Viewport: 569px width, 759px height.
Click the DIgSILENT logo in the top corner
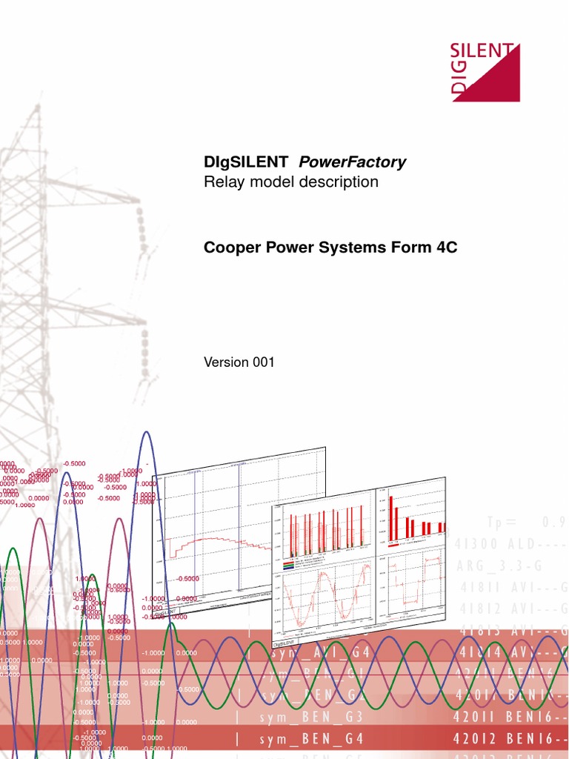click(485, 72)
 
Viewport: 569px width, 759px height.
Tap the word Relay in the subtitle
click(222, 182)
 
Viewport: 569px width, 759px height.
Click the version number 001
click(262, 362)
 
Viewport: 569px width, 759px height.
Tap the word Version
click(226, 362)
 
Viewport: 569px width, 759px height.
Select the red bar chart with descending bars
click(411, 517)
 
